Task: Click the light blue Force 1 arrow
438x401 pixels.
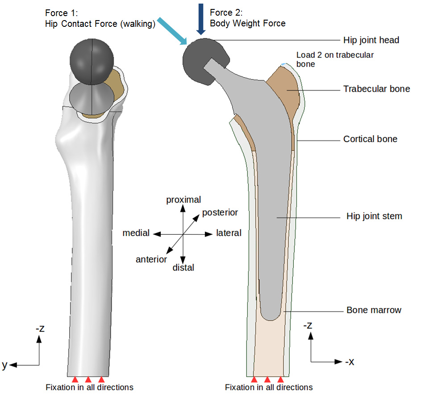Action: click(174, 31)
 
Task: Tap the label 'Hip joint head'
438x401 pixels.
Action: click(371, 40)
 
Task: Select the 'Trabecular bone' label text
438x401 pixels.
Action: click(376, 89)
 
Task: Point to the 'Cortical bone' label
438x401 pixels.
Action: click(370, 139)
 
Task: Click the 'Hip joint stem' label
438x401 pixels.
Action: click(374, 216)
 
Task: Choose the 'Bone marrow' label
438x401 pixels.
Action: click(374, 310)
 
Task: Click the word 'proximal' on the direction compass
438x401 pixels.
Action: click(184, 200)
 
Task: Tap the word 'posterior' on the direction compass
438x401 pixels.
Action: click(220, 212)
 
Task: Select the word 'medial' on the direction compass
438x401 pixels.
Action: click(136, 233)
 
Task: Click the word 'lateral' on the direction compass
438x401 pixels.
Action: click(229, 233)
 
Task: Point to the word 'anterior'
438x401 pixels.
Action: click(151, 259)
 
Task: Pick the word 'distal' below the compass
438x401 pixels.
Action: click(183, 268)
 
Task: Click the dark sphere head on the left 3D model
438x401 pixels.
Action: click(92, 59)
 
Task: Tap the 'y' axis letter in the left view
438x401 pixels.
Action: click(4, 365)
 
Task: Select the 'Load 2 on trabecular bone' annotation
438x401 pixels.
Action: click(335, 59)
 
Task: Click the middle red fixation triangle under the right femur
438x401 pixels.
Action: click(267, 380)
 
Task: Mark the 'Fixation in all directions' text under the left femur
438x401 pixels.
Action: click(89, 387)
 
